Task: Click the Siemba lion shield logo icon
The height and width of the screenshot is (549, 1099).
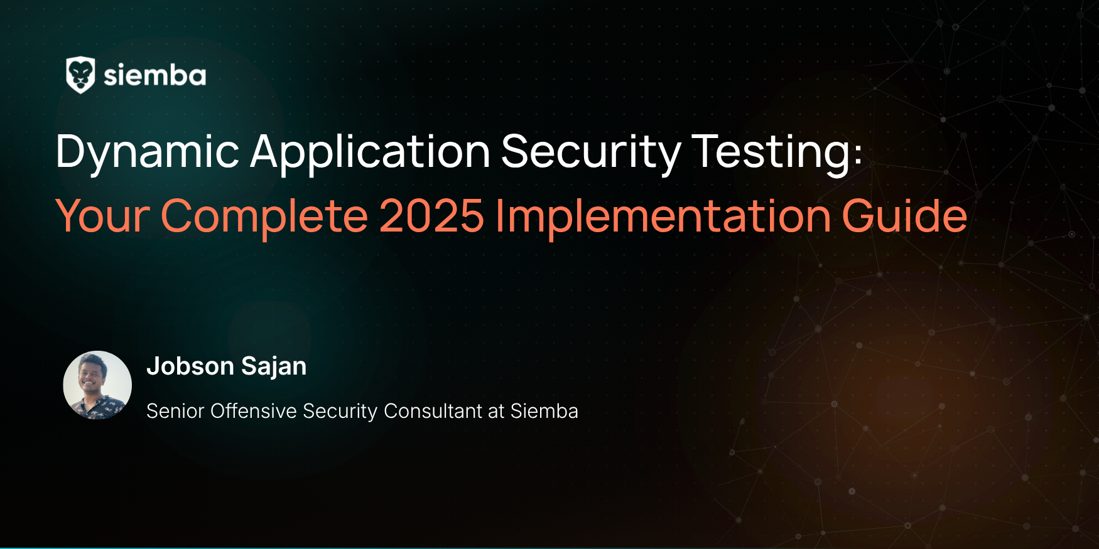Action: coord(80,75)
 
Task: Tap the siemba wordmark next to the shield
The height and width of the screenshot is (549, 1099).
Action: coord(154,75)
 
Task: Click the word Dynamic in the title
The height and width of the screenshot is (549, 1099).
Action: coord(148,152)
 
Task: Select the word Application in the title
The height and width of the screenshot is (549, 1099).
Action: coord(370,152)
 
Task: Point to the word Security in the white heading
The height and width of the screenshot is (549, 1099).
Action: coord(591,152)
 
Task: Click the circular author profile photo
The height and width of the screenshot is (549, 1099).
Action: coord(97,385)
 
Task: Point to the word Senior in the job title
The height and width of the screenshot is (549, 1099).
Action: coord(175,411)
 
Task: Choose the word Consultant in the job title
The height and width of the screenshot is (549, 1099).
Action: coord(433,411)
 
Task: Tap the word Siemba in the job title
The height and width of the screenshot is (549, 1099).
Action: coord(544,411)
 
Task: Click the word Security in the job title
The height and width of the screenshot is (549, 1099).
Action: coord(340,411)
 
